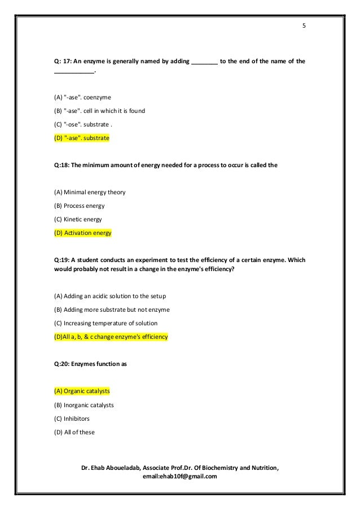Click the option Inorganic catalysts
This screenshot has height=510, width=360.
click(81, 404)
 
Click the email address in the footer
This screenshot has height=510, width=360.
click(181, 477)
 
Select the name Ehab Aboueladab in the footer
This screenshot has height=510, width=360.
click(115, 468)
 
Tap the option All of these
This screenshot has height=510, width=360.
click(75, 433)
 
